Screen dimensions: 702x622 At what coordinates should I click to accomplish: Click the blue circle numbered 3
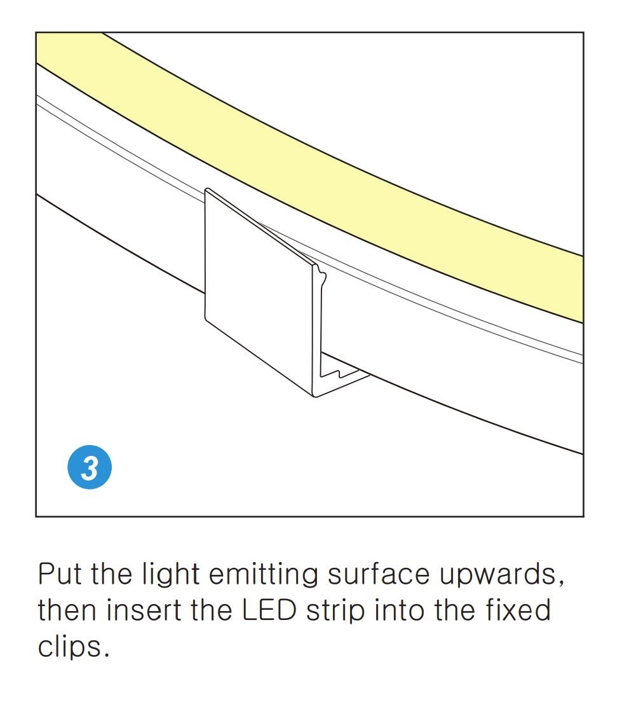coord(90,469)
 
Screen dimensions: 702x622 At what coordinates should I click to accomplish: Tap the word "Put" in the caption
coord(60,575)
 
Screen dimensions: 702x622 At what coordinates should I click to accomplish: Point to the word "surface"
coord(380,575)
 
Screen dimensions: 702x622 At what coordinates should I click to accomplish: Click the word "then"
coord(67,611)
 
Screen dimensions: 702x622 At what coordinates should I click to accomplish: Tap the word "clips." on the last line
coord(69,649)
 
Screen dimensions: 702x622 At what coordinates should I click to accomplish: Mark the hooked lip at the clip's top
coord(320,274)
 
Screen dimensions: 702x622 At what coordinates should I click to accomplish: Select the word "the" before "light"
coord(111,575)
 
